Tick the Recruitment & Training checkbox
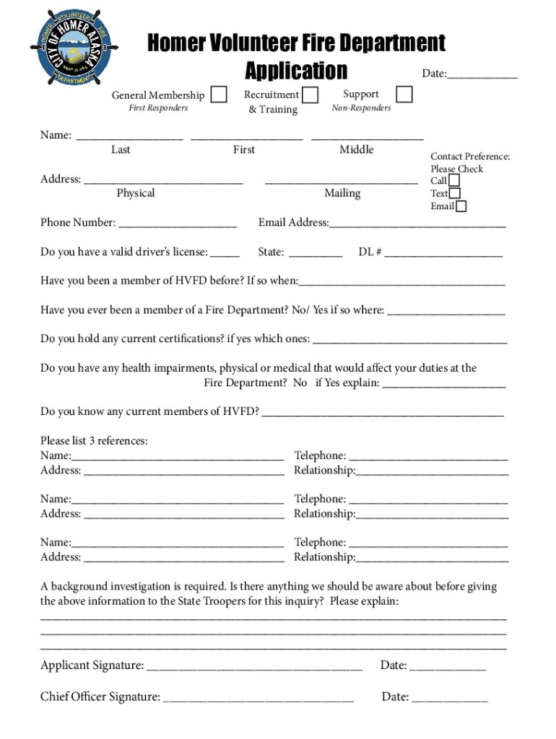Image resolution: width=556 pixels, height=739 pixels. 310,95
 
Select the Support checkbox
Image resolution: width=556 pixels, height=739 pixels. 405,95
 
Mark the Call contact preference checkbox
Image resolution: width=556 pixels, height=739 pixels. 454,180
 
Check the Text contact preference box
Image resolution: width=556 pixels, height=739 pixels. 454,193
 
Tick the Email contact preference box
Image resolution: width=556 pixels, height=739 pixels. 461,206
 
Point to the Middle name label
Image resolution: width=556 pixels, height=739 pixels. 357,149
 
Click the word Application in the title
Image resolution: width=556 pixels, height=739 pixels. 296,71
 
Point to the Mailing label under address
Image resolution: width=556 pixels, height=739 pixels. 342,193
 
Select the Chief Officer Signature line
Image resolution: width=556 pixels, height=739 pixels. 259,698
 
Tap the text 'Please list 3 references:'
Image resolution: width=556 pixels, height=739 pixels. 94,441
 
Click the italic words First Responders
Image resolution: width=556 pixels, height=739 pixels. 157,108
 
